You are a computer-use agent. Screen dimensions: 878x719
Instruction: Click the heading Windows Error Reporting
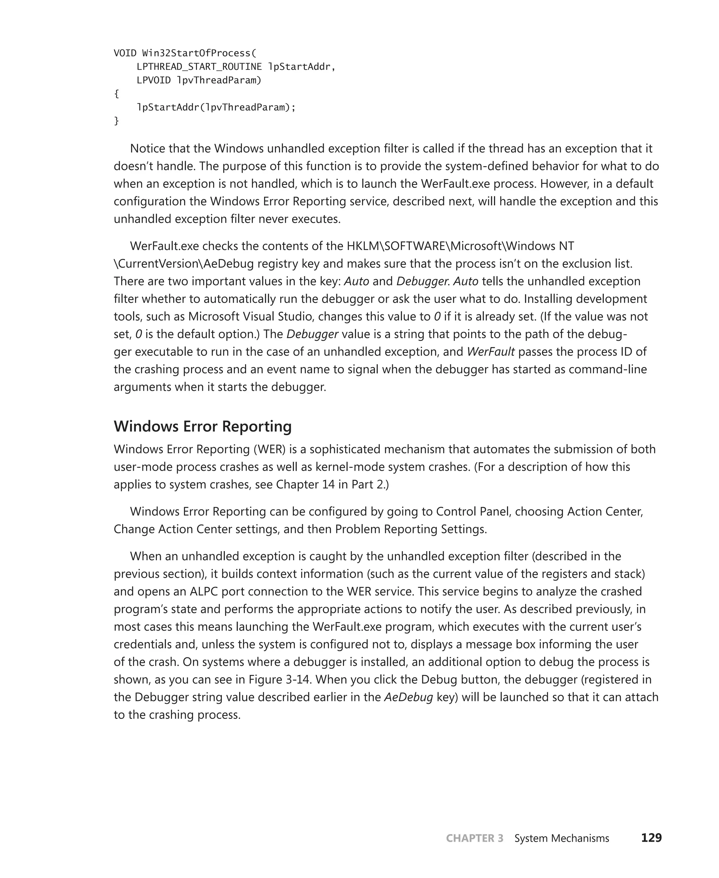(203, 426)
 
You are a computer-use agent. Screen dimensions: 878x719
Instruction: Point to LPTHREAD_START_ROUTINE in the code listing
(199, 67)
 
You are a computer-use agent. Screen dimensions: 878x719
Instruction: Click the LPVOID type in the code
(153, 80)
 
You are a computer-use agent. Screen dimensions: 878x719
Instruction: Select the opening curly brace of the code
(117, 94)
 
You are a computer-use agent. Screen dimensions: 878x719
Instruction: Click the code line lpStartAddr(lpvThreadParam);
(216, 108)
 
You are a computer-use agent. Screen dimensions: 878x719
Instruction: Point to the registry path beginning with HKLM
(460, 246)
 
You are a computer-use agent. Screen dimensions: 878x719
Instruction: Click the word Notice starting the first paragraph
(148, 148)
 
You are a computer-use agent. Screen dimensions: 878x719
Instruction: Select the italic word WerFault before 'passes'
(490, 352)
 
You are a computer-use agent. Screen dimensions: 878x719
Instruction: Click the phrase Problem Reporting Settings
(410, 529)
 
